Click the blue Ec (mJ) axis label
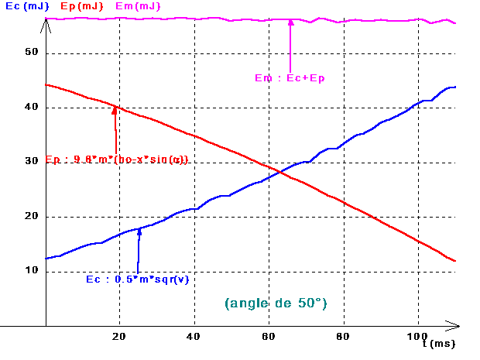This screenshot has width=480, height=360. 21,7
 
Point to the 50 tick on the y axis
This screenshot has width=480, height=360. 32,53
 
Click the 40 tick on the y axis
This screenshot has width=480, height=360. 32,107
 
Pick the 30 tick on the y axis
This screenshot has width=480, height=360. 32,161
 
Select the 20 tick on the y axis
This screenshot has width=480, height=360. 32,216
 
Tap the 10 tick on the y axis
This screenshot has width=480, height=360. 32,270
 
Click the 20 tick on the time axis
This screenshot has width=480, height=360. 120,335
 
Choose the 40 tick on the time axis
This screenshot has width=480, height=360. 194,335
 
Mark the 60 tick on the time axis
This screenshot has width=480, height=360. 269,335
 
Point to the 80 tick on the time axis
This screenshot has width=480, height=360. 343,335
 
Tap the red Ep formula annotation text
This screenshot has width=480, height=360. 117,160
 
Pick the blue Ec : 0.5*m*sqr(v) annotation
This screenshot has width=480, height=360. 137,279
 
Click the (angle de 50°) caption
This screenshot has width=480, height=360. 276,303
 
